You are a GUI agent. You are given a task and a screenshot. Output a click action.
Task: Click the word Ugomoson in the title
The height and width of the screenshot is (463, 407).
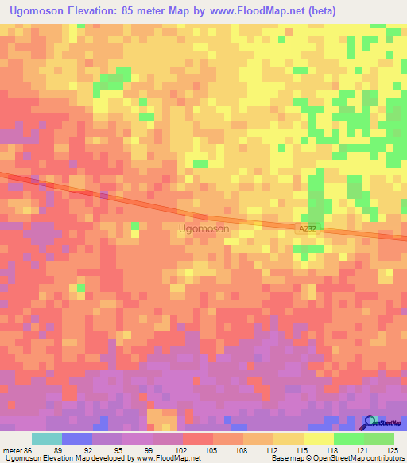38,10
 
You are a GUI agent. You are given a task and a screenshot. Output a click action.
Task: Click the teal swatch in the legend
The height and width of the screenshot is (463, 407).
46,438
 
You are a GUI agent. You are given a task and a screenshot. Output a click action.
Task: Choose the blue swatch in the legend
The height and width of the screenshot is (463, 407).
76,438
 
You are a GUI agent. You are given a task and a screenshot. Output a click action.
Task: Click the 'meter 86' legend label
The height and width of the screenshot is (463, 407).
17,449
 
